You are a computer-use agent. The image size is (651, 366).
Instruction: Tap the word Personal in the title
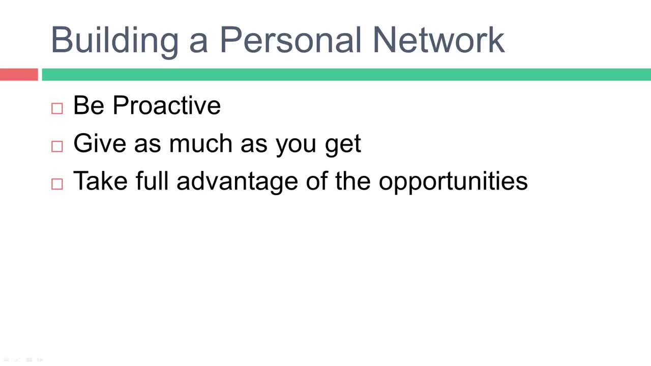pyautogui.click(x=290, y=40)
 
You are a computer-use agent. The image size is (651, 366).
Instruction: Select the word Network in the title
pyautogui.click(x=439, y=40)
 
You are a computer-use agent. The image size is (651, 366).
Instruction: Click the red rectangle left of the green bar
pyautogui.click(x=19, y=74)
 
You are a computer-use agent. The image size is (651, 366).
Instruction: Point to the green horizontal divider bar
pyautogui.click(x=346, y=74)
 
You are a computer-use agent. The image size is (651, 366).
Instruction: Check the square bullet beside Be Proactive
pyautogui.click(x=57, y=108)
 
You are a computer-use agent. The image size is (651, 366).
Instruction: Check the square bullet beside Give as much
pyautogui.click(x=57, y=146)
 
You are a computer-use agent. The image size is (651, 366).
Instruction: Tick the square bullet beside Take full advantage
pyautogui.click(x=57, y=184)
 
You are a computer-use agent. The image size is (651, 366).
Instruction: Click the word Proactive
pyautogui.click(x=167, y=105)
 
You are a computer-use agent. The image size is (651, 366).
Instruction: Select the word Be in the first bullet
pyautogui.click(x=89, y=105)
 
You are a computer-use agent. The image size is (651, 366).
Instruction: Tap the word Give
pyautogui.click(x=100, y=143)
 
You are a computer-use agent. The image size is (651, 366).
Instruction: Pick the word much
pyautogui.click(x=201, y=143)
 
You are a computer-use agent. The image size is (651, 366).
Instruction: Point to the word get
pyautogui.click(x=343, y=146)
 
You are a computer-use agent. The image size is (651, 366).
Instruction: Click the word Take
pyautogui.click(x=101, y=180)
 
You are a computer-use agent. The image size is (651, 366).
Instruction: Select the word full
pyautogui.click(x=152, y=180)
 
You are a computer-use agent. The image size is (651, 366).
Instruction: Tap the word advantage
pyautogui.click(x=237, y=183)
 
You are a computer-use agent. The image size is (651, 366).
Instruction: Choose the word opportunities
pyautogui.click(x=453, y=183)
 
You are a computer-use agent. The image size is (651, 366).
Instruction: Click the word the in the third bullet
pyautogui.click(x=353, y=180)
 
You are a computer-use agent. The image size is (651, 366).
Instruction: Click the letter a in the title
pyautogui.click(x=199, y=43)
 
